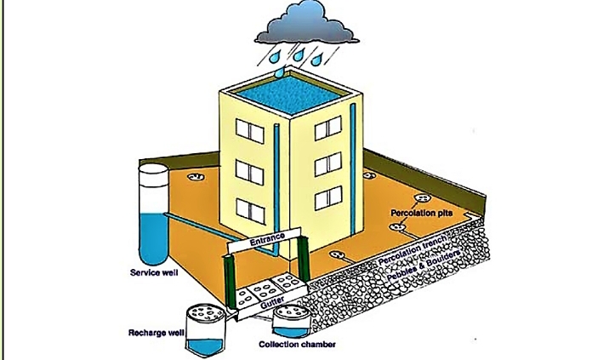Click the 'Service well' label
tap(155, 273)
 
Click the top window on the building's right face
tap(327, 129)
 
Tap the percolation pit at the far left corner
tap(196, 178)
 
